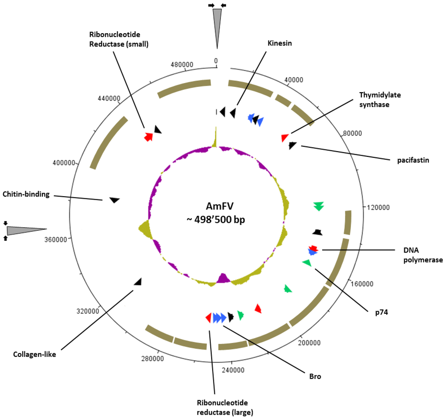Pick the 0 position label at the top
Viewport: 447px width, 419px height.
tap(216, 61)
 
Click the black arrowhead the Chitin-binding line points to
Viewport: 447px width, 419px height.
tap(114, 200)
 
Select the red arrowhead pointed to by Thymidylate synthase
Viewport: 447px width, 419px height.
tap(285, 138)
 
